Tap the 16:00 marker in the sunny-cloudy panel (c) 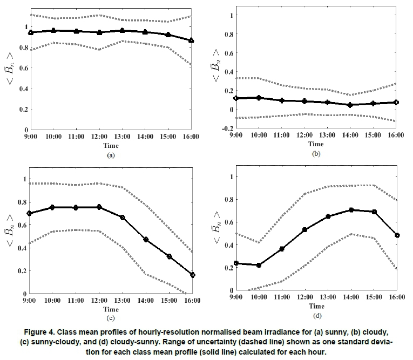pos(192,275)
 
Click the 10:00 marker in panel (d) pos(259,265)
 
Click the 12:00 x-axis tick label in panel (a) pos(99,137)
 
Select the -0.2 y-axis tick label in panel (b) pos(228,129)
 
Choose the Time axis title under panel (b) pos(316,144)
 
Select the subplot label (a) pos(111,155)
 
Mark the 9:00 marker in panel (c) pos(30,214)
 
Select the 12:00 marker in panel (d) pos(305,229)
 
